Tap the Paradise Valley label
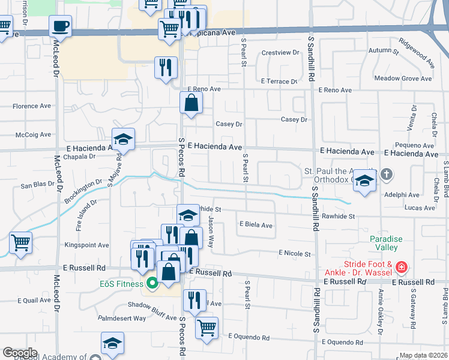coord(384,243)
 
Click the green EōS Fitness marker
coord(152,283)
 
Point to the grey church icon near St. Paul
coord(387,175)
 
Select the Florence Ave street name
coord(32,106)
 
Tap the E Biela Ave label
coord(256,226)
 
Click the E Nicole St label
coord(294,254)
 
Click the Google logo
coord(20,353)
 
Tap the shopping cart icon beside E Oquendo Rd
coord(206,328)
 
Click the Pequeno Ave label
coord(411,145)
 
